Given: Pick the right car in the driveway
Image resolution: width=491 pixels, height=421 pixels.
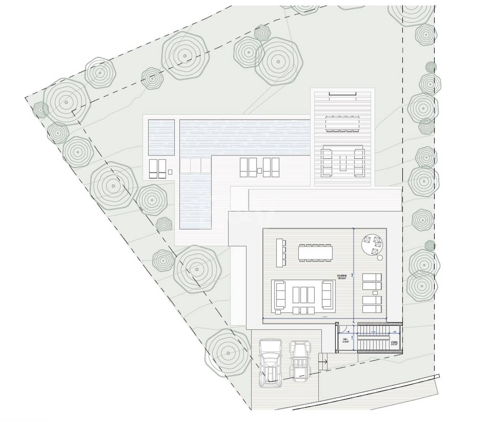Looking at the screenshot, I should [299, 360].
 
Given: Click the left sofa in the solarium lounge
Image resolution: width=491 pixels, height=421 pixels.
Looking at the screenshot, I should [279, 295].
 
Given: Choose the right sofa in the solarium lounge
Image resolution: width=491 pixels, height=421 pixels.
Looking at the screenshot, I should [327, 294].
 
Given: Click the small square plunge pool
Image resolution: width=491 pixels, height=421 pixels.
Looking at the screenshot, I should [161, 137].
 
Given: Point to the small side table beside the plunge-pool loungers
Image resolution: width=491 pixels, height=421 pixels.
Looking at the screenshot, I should [170, 172].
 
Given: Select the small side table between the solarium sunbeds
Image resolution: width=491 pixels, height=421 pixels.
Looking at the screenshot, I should [375, 293].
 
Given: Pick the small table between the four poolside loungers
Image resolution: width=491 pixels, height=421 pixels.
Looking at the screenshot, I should [260, 170].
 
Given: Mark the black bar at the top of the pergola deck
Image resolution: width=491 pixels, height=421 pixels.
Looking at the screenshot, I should [342, 94].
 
